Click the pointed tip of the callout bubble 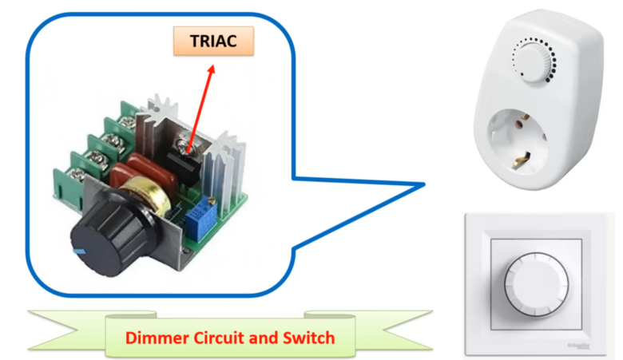tap(422, 185)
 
